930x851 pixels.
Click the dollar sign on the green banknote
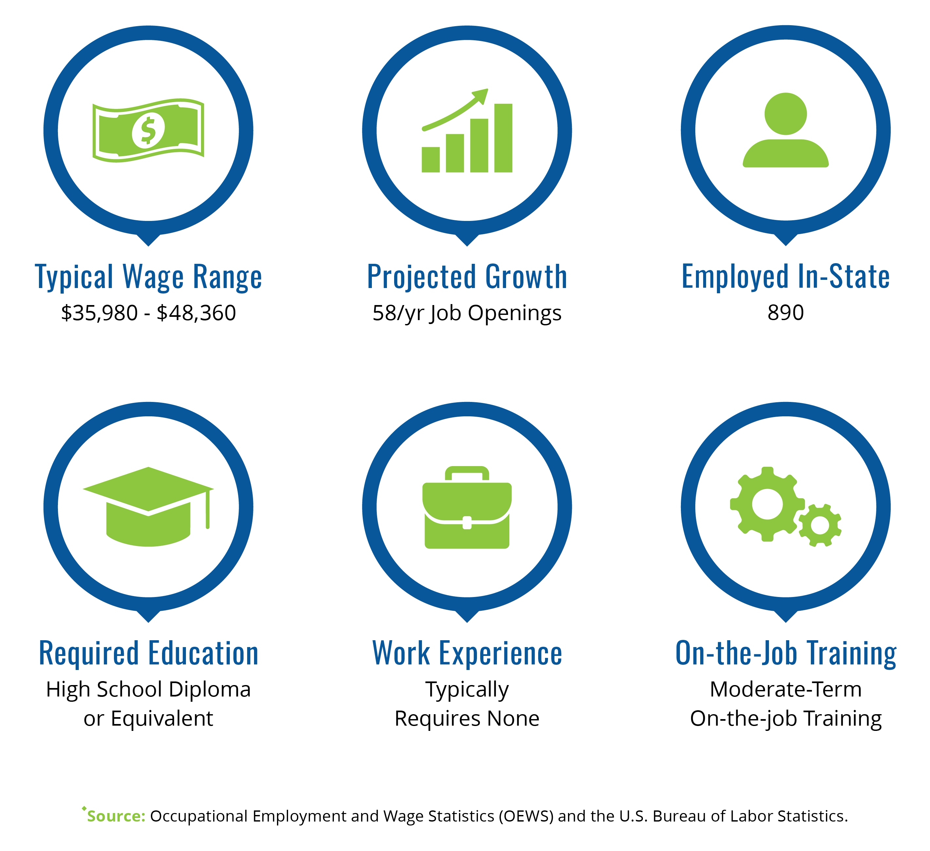[x=148, y=131]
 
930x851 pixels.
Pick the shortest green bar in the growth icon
[x=430, y=160]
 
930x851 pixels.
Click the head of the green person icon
[x=786, y=114]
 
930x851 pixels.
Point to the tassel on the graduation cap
[x=208, y=509]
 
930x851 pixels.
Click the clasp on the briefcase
[x=467, y=523]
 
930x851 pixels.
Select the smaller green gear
[x=820, y=525]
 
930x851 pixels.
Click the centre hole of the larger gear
[x=767, y=504]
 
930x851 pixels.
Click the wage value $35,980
[x=100, y=313]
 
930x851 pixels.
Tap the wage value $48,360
[x=196, y=313]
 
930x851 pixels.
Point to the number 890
[x=786, y=313]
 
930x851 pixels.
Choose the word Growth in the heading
[x=526, y=277]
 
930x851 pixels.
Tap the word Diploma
[x=210, y=690]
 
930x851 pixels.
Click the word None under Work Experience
[x=513, y=719]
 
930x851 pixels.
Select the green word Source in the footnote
[x=116, y=816]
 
